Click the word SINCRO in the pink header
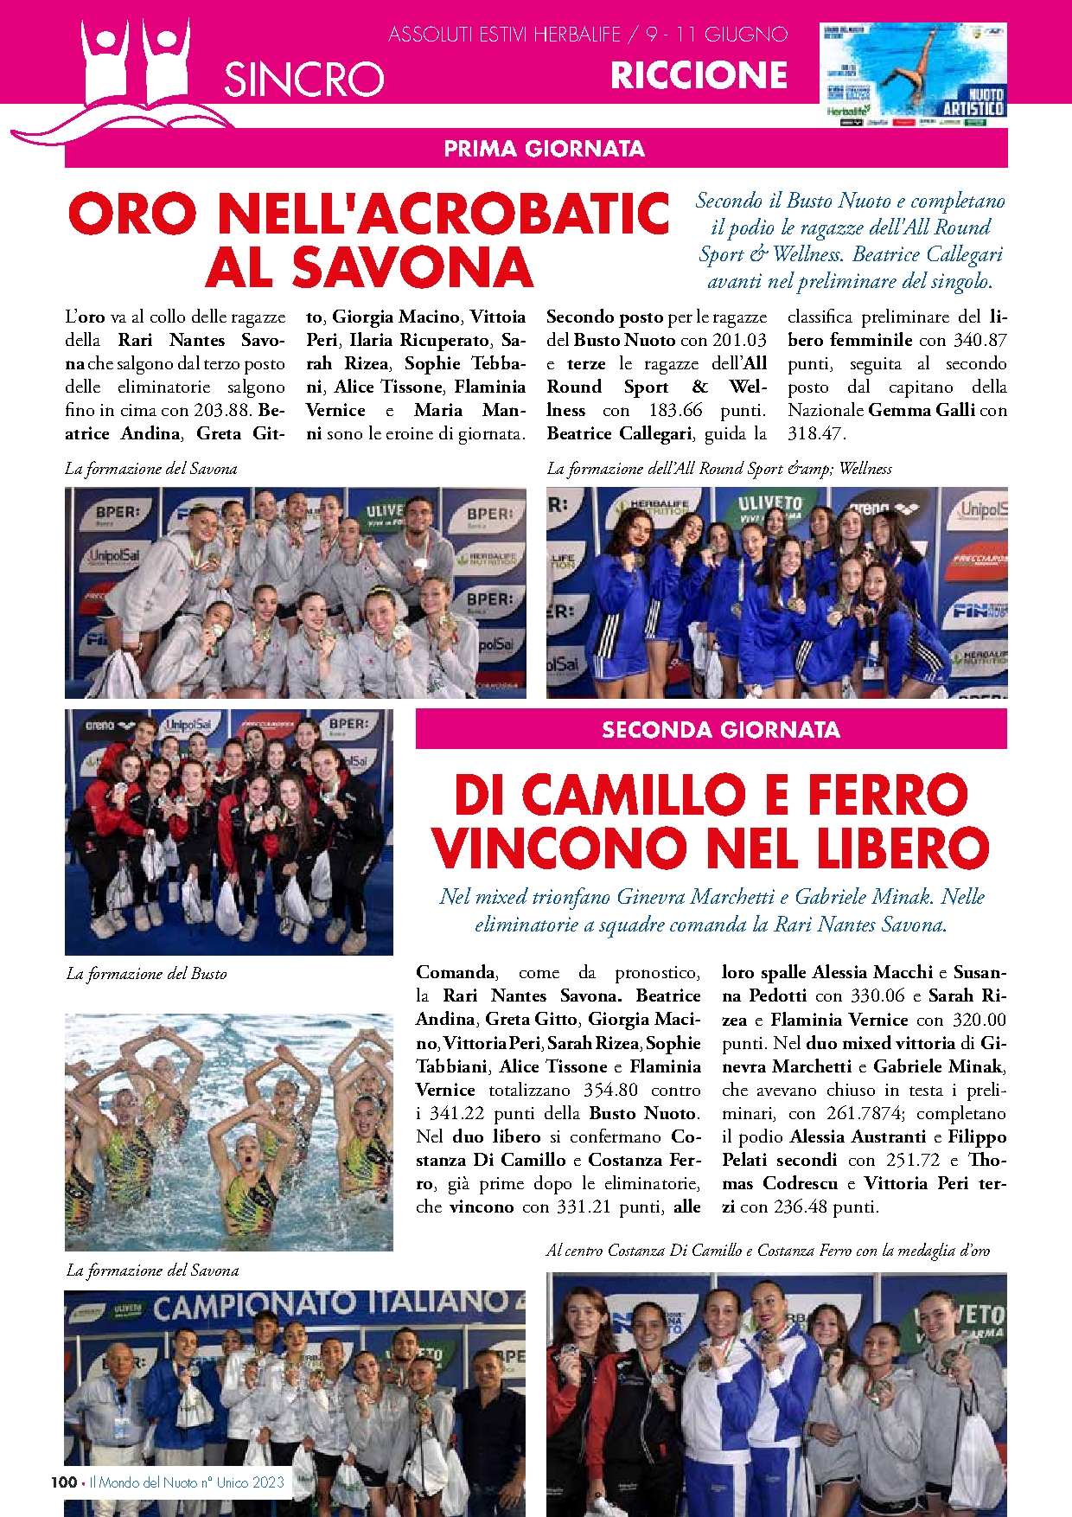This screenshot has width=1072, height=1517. [x=303, y=80]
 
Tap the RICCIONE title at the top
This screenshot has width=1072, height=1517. [x=699, y=76]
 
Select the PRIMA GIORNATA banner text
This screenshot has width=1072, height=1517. [x=544, y=149]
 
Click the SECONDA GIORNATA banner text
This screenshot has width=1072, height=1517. [x=720, y=730]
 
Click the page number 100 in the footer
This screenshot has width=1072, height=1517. [x=63, y=1482]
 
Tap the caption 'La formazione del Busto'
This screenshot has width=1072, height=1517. [x=146, y=974]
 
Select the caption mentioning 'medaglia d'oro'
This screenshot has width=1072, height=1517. [x=768, y=1251]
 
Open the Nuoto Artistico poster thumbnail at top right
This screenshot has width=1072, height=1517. [x=913, y=74]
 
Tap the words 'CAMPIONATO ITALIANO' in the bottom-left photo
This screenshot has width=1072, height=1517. [x=329, y=1305]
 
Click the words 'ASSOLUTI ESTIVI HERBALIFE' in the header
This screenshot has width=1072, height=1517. [x=505, y=35]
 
